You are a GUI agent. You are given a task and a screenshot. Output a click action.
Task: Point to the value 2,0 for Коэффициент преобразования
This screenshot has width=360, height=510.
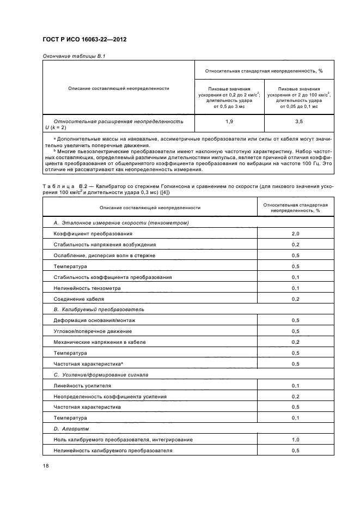(295, 233)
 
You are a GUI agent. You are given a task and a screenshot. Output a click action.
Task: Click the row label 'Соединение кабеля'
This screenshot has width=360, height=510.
(78, 299)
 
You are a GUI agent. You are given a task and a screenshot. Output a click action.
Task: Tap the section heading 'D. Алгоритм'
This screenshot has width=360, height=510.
(68, 429)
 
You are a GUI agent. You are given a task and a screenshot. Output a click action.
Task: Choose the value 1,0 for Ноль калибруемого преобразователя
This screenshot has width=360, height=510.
(295, 440)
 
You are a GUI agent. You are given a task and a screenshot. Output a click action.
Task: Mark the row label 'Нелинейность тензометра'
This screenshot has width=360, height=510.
(87, 288)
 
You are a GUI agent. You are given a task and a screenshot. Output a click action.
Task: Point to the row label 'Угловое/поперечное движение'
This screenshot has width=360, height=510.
(92, 331)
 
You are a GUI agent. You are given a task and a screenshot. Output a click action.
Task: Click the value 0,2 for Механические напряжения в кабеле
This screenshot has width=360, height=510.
(295, 342)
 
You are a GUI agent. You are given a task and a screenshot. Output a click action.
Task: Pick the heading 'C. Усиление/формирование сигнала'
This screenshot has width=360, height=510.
(101, 375)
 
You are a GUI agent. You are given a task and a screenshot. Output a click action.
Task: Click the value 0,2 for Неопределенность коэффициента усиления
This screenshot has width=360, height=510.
(295, 396)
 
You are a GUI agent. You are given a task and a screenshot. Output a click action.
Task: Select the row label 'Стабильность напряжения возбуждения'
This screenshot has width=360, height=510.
(105, 245)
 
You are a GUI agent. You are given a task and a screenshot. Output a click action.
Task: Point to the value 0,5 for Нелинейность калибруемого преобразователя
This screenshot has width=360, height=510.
(295, 451)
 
